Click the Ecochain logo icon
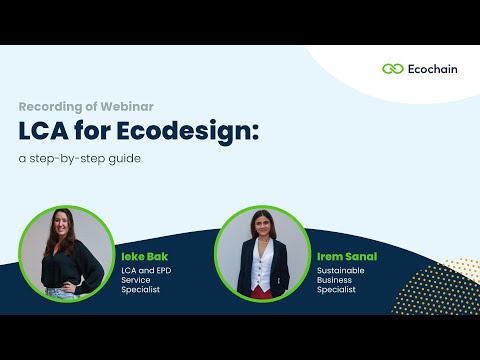click(393, 69)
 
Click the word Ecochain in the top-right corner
click(434, 69)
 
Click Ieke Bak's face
click(63, 233)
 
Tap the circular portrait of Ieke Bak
click(67, 255)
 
